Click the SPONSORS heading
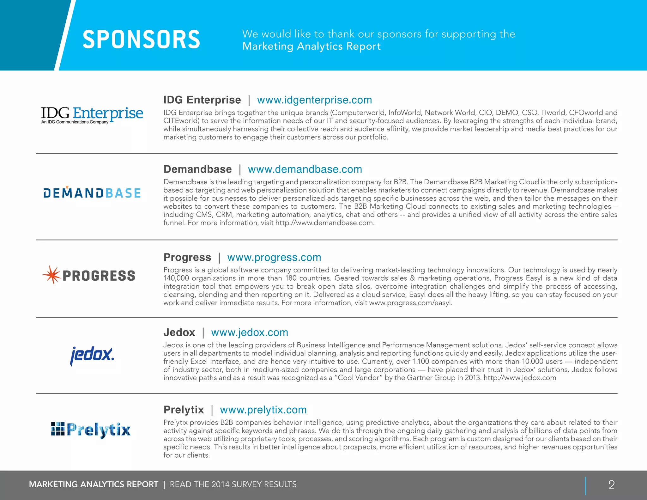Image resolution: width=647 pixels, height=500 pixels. click(x=141, y=40)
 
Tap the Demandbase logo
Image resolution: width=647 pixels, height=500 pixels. click(x=92, y=192)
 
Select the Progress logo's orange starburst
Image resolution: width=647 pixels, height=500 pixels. click(x=51, y=275)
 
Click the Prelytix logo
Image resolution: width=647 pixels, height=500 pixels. click(x=91, y=430)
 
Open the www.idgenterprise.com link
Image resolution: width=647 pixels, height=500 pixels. click(x=314, y=100)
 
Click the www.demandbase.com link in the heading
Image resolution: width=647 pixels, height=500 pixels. click(x=305, y=169)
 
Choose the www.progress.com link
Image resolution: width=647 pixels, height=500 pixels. click(x=274, y=257)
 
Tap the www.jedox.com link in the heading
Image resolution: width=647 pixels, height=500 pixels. click(x=250, y=332)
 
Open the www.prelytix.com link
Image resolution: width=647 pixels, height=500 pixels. click(x=263, y=410)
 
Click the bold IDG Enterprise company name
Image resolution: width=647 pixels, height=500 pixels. click(x=202, y=100)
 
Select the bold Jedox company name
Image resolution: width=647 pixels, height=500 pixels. click(x=179, y=332)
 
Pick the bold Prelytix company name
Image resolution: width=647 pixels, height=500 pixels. click(x=184, y=410)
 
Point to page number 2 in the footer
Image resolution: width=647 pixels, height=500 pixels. click(x=611, y=485)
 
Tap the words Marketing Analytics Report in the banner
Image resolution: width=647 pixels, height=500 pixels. click(x=311, y=46)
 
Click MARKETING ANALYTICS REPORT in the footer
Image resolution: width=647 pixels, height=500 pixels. click(x=94, y=485)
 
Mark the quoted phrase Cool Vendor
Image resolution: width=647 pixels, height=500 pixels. click(x=358, y=378)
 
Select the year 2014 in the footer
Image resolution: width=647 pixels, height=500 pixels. click(x=221, y=485)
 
